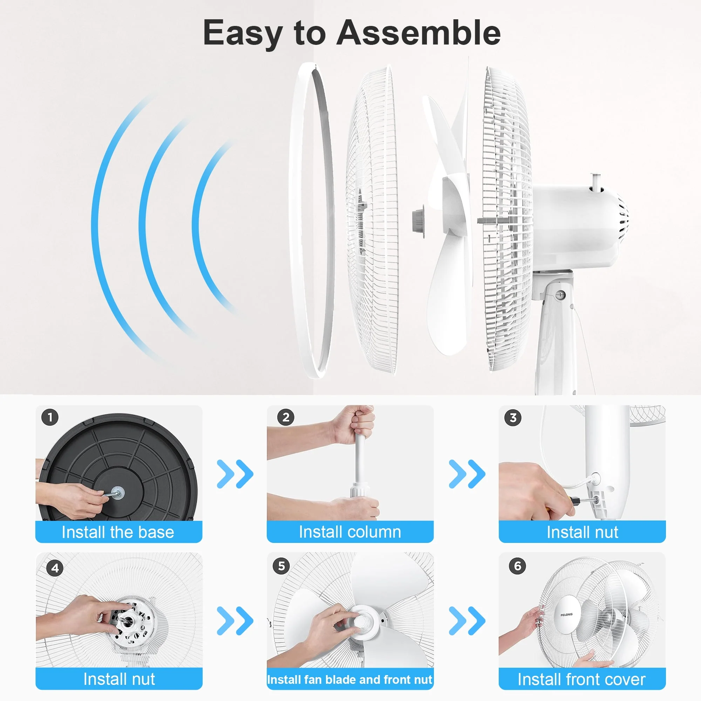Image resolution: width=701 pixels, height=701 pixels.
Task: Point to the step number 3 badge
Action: pos(513,418)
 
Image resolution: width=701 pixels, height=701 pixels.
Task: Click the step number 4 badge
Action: pos(55,568)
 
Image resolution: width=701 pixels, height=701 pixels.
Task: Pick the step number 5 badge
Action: pos(281,566)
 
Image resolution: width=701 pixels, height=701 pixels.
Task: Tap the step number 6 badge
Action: pos(518,566)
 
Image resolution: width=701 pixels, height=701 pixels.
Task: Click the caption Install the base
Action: pos(118,532)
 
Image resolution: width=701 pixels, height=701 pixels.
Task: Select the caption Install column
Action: pos(350,532)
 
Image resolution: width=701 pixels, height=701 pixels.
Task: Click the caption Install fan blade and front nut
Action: pos(350,680)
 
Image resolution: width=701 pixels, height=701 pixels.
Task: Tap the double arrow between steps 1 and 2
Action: pos(235,474)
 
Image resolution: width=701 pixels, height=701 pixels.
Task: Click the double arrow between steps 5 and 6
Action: pos(467,621)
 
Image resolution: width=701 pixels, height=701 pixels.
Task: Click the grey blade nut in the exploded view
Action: pos(419,222)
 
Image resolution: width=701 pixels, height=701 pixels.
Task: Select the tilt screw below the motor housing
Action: pos(560,295)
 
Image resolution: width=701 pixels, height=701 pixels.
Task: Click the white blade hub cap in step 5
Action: pos(363,621)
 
